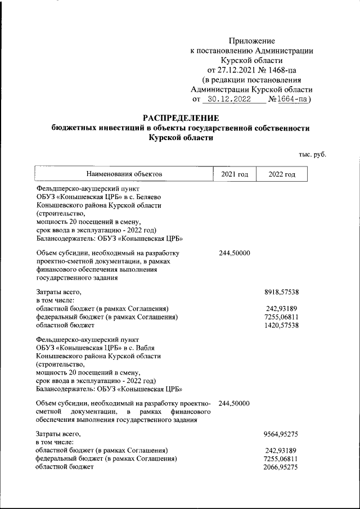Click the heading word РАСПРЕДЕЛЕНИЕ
pyautogui.click(x=180, y=118)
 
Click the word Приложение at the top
pyautogui.click(x=252, y=41)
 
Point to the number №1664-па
pyautogui.click(x=290, y=100)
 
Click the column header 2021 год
pyautogui.click(x=234, y=175)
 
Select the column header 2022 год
pyautogui.click(x=282, y=175)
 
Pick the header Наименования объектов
pyautogui.click(x=124, y=175)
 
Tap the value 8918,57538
pyautogui.click(x=281, y=292)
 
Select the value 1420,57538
pyautogui.click(x=281, y=325)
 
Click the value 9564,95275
pyautogui.click(x=281, y=434)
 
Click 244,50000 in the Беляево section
pyautogui.click(x=234, y=253)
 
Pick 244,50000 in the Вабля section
pyautogui.click(x=234, y=403)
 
